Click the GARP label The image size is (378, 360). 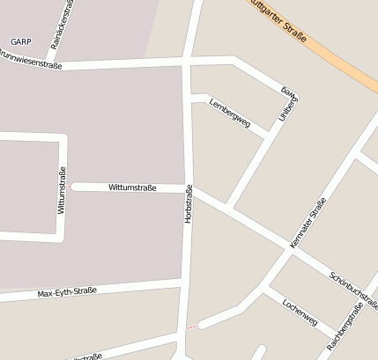tap(21, 41)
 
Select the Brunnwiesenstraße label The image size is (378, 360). tap(31, 63)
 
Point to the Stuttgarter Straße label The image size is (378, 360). tap(280, 22)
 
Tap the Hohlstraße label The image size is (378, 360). tap(189, 203)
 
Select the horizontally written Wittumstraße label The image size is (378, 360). tap(132, 187)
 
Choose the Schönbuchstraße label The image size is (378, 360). tap(354, 290)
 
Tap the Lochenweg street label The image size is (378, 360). tap(300, 311)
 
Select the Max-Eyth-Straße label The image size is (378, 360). tap(67, 291)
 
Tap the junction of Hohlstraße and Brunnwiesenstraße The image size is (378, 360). tap(187, 62)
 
